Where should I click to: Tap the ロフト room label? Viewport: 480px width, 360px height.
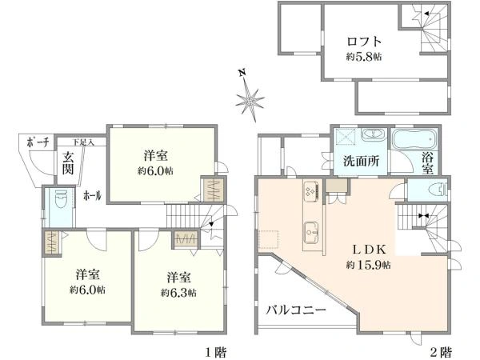click(x=364, y=42)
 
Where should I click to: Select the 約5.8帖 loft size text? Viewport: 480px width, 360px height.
click(x=364, y=57)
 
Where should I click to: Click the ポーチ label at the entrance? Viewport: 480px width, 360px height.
click(x=38, y=142)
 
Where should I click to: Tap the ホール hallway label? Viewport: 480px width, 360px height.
click(x=93, y=195)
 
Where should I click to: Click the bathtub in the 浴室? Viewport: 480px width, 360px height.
click(x=415, y=139)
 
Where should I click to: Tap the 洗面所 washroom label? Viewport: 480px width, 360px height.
click(x=362, y=161)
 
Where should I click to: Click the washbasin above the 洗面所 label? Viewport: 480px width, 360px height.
click(x=373, y=135)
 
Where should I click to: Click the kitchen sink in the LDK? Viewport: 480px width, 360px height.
click(x=312, y=232)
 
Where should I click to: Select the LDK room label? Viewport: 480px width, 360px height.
click(x=369, y=250)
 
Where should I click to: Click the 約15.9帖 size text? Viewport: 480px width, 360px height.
click(x=369, y=265)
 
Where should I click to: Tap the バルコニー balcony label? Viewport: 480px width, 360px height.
click(x=296, y=310)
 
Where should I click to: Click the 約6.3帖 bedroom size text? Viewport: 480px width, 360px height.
click(x=179, y=293)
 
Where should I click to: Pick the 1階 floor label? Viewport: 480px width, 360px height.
click(x=215, y=353)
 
